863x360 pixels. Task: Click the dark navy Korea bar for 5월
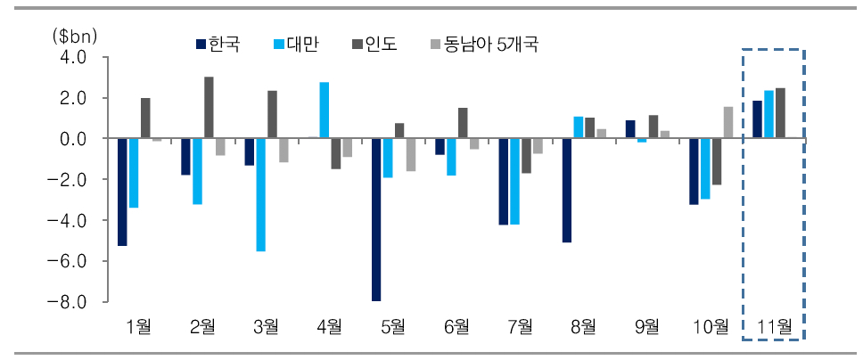coord(377,219)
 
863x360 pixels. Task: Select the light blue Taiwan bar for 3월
coord(261,194)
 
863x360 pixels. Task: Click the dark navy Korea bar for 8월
coord(567,190)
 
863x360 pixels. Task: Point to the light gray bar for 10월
coord(727,123)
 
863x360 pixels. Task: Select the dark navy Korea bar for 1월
coord(123,192)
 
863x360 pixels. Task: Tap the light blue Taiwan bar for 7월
coord(514,181)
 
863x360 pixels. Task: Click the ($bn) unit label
coord(74,36)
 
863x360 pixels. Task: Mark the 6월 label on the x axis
coord(456,326)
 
